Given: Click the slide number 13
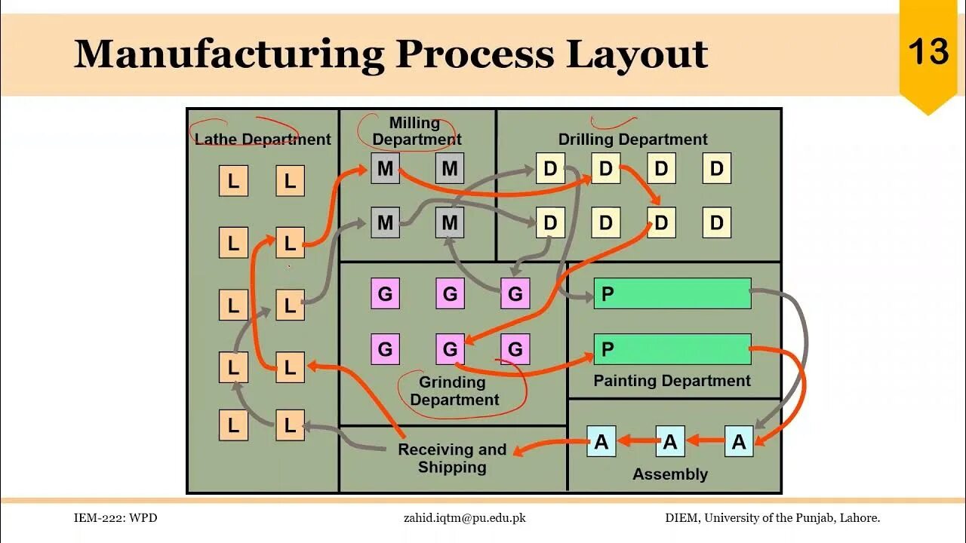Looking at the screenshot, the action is (x=928, y=52).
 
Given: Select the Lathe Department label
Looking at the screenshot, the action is (x=263, y=140).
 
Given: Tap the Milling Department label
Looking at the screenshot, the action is (x=417, y=131).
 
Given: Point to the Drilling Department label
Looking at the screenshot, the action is (x=632, y=140).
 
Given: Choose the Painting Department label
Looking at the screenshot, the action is (x=672, y=381).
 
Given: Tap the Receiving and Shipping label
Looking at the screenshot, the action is (x=452, y=458).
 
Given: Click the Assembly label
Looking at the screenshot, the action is (x=670, y=474).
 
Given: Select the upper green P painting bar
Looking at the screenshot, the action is (x=672, y=293).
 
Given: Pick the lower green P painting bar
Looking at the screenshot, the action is (x=672, y=349).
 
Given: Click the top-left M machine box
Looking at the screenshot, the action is (x=385, y=168).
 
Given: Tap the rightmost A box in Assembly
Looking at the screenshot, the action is (x=739, y=442).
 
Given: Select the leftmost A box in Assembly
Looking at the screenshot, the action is (x=601, y=442).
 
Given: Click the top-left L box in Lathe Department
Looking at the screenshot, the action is (x=233, y=181).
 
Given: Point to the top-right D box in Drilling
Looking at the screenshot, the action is (x=717, y=168).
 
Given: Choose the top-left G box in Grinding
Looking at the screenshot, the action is (x=385, y=293).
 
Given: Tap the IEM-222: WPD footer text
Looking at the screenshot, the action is (x=115, y=518).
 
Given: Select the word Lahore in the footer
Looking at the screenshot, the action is (x=858, y=518).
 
